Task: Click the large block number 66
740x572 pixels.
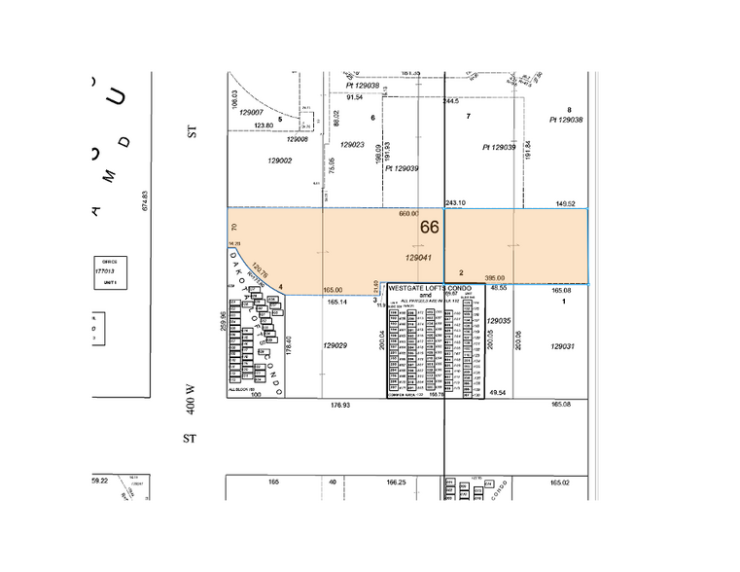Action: click(x=430, y=227)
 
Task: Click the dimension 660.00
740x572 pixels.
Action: click(x=408, y=213)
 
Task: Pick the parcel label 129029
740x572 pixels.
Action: click(x=335, y=344)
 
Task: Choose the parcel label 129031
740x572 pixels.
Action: click(x=563, y=346)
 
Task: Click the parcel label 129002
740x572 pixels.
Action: click(x=279, y=161)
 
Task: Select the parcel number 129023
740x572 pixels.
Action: click(x=350, y=145)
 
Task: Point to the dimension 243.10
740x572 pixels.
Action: click(x=455, y=202)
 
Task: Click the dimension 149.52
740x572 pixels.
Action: click(x=566, y=203)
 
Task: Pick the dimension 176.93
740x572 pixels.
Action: click(x=339, y=405)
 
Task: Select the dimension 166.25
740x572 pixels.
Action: click(x=395, y=482)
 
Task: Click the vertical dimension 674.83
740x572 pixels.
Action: click(x=144, y=199)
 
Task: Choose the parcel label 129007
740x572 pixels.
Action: click(x=253, y=112)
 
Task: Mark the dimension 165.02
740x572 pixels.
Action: click(x=558, y=482)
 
